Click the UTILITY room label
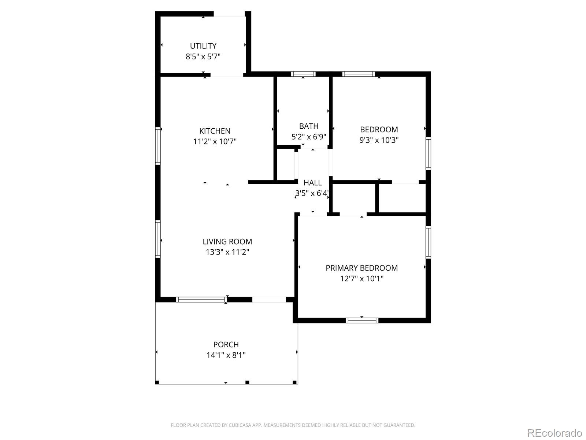pos(203,46)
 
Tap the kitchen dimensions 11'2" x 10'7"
pos(215,142)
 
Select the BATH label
pos(309,126)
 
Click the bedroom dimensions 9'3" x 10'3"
pos(379,140)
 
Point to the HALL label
pos(312,183)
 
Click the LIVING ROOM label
pos(227,242)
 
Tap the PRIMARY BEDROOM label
pos(361,268)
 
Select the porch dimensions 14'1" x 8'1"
pos(226,355)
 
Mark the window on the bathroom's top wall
pos(303,74)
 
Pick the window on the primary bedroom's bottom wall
pos(362,320)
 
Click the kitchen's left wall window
pos(158,146)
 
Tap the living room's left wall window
pos(158,239)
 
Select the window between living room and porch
pos(201,300)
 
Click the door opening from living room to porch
pos(269,300)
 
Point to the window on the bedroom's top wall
pos(359,74)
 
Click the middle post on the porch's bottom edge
pos(247,382)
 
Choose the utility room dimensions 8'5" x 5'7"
pos(203,56)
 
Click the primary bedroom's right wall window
pos(428,242)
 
